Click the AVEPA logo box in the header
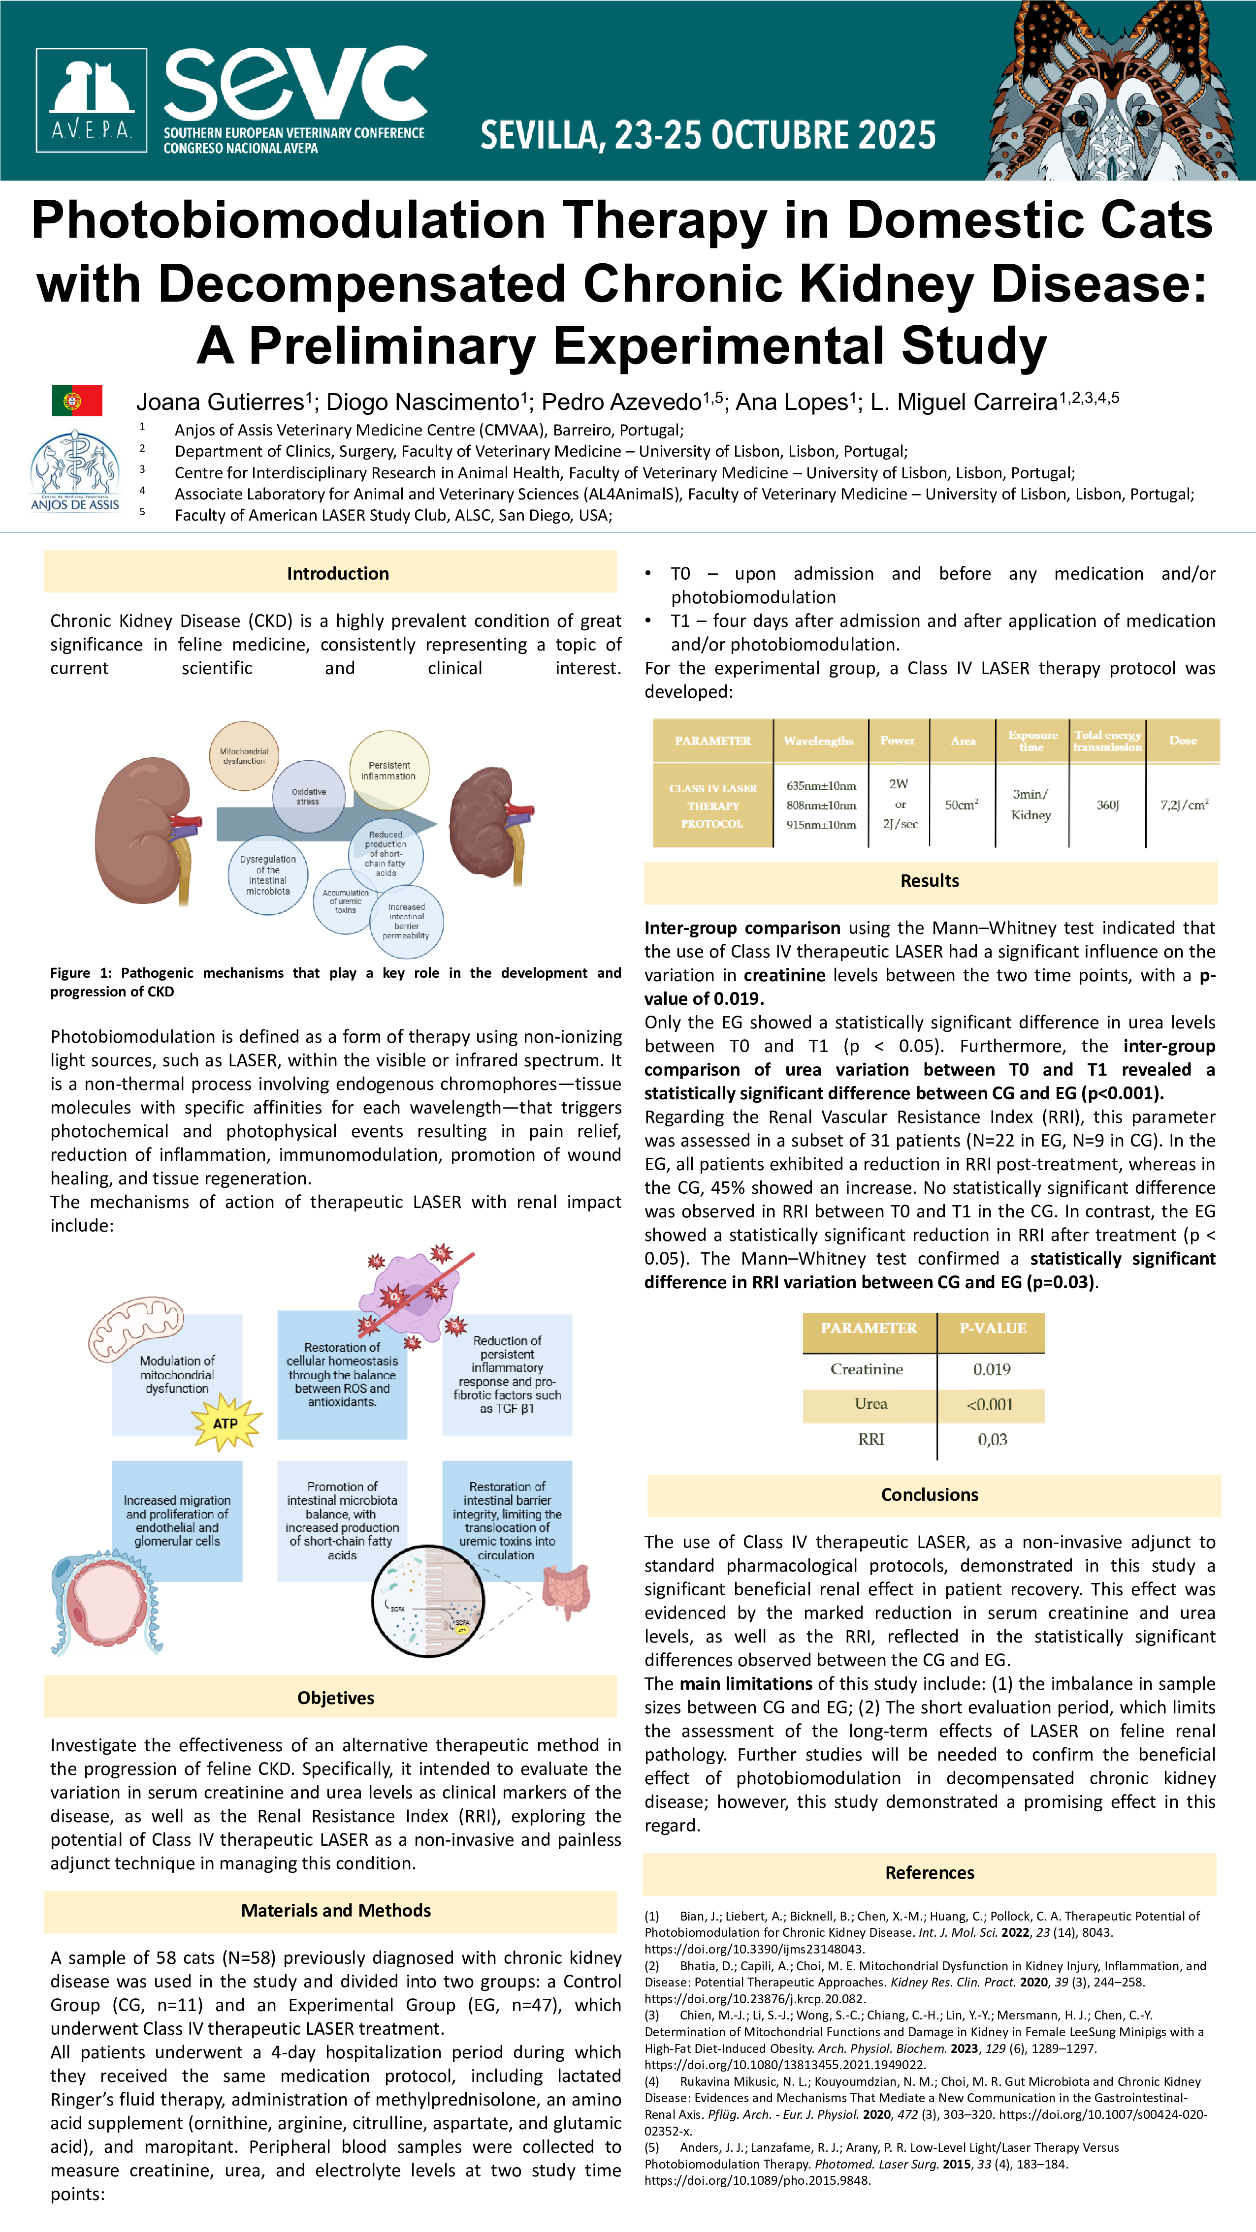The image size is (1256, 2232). point(91,100)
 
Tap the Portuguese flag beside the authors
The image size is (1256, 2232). point(77,401)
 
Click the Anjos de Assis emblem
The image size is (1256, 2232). point(74,470)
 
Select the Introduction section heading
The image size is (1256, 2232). point(337,574)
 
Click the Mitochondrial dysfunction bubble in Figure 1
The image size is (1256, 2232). point(244,755)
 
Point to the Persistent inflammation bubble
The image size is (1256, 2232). point(389,770)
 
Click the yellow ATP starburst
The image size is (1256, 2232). point(226,1423)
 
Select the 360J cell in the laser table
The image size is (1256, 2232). point(1108,805)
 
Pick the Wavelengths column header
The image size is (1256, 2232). point(819,741)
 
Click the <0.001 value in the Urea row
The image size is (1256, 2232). point(991,1404)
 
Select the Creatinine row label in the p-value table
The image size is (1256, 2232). point(867,1369)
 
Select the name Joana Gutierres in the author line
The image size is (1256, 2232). point(220,402)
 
